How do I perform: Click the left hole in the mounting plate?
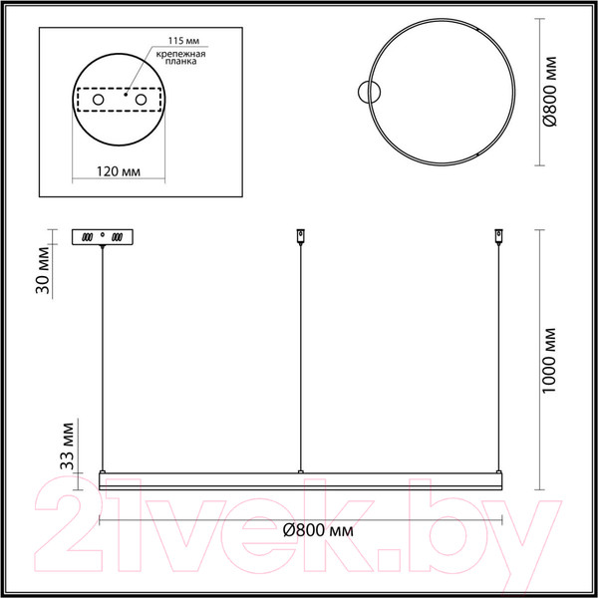pos(100,101)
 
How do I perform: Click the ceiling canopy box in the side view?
pos(102,237)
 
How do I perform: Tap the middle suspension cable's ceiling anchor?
pos(300,237)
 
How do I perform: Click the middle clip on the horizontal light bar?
pos(300,469)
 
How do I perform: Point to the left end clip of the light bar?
pos(102,469)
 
